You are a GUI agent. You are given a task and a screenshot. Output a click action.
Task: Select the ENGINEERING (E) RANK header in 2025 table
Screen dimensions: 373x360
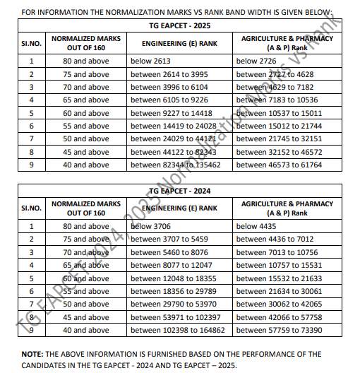(179, 43)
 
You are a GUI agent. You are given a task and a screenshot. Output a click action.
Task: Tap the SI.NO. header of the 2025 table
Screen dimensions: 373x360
(30, 43)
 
